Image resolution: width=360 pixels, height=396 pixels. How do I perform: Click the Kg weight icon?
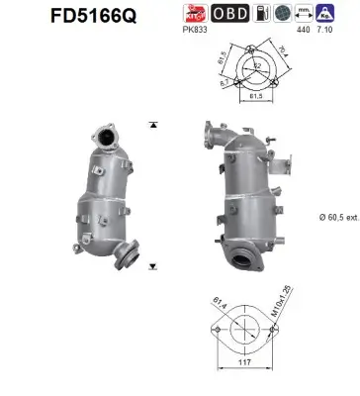point(341,14)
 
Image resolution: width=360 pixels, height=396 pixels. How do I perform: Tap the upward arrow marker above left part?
point(153,126)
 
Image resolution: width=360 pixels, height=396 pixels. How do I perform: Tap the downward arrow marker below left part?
point(153,267)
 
